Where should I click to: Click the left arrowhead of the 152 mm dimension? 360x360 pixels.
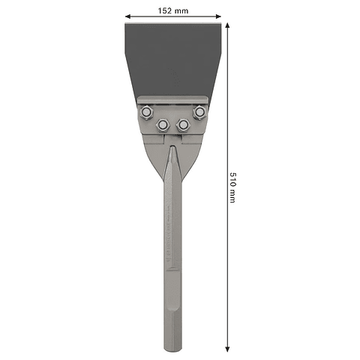pos(127,15)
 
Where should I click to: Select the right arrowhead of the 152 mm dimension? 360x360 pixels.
pos(220,15)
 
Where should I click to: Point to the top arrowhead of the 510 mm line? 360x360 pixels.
pos(226,25)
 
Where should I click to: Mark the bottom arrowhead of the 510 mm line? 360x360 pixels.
pos(226,349)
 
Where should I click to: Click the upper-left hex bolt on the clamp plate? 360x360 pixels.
pos(147,112)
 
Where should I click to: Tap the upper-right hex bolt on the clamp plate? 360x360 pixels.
pos(199,112)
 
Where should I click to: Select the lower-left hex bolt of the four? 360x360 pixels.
pos(163,124)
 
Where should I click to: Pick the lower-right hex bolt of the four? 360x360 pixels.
pos(182,124)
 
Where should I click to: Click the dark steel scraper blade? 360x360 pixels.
pos(173,60)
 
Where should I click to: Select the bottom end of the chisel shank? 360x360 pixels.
pos(173,349)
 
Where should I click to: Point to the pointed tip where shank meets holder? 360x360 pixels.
pos(172,150)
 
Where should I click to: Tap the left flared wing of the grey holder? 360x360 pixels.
pos(153,146)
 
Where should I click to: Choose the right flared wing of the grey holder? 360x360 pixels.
pos(193,146)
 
